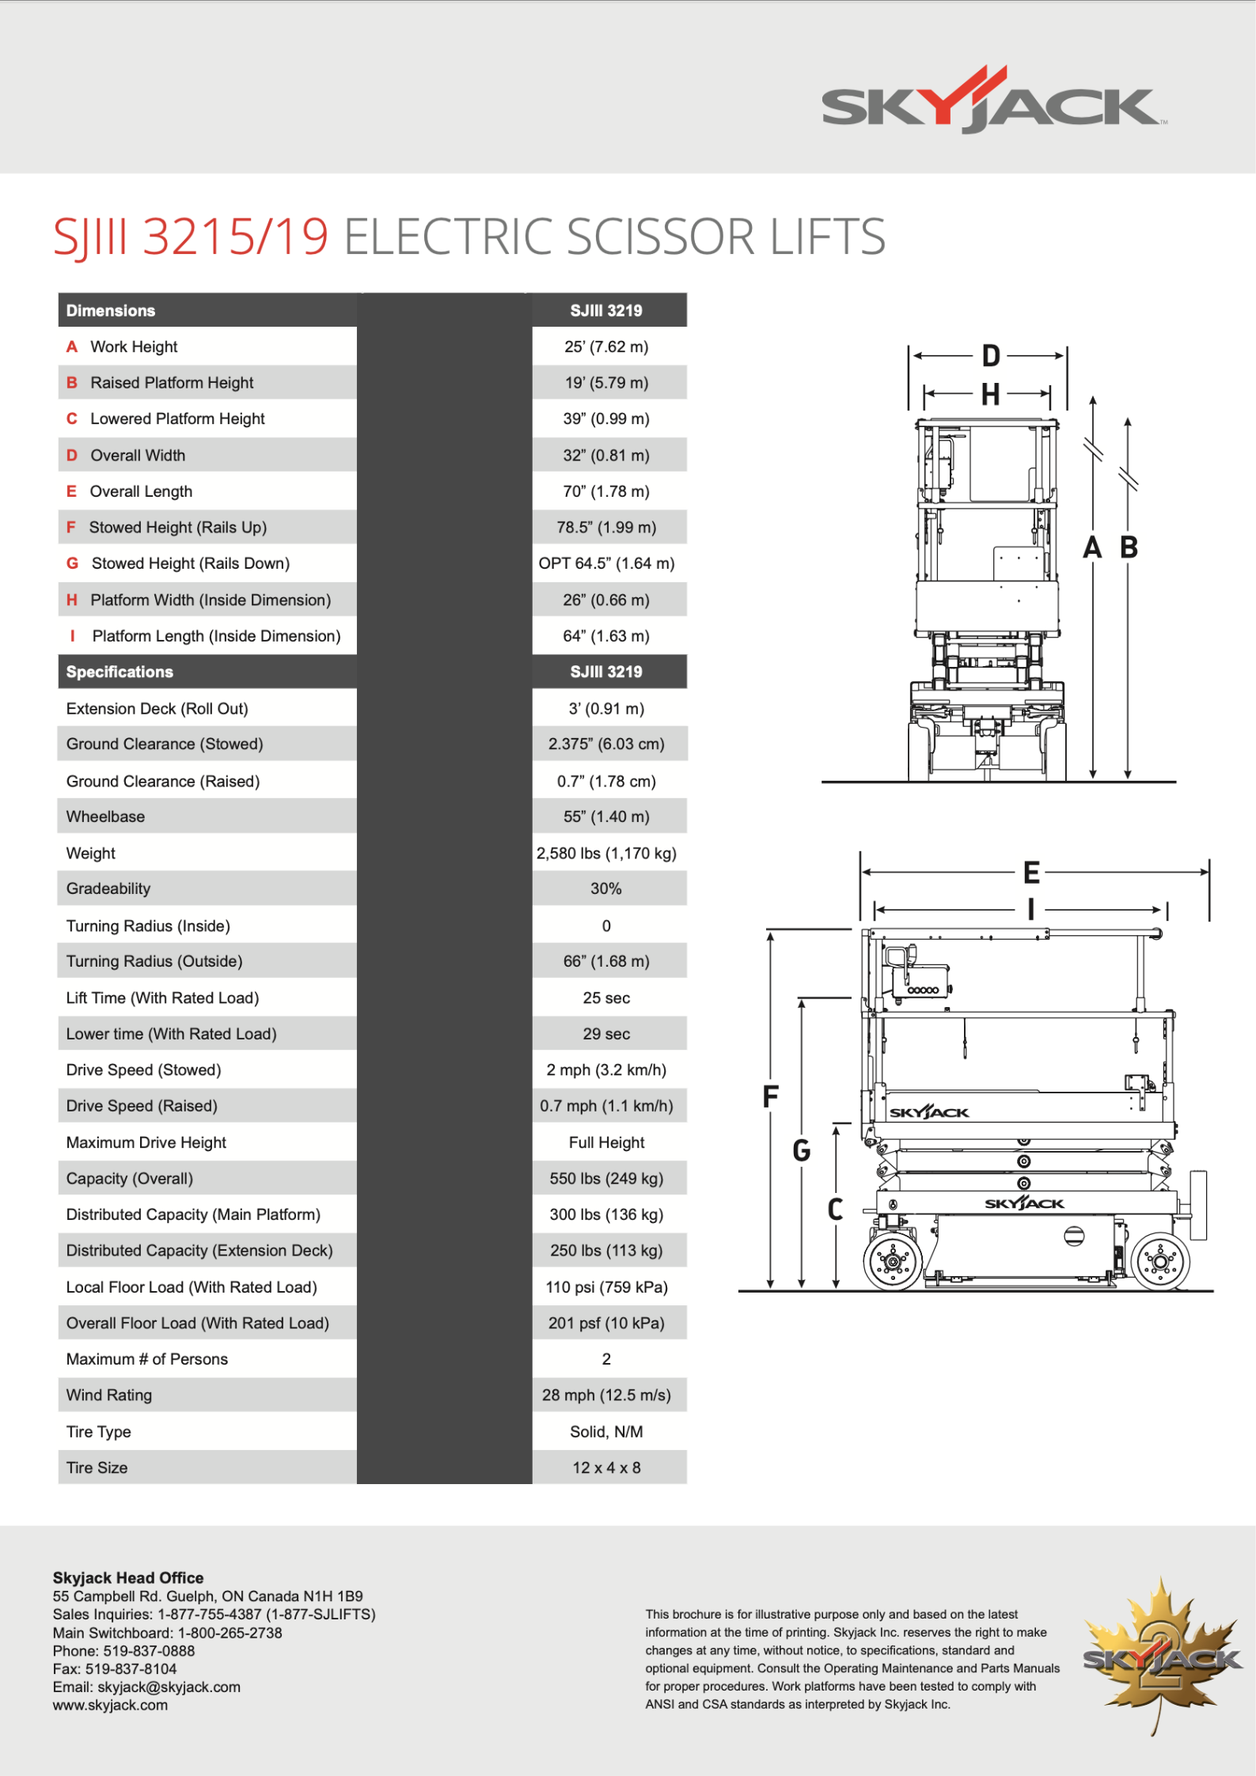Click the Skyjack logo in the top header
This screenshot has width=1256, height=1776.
click(x=992, y=101)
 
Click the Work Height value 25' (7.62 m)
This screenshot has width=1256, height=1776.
click(x=606, y=346)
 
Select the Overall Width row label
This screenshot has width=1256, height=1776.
click(x=138, y=455)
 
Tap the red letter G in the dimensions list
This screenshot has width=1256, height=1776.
click(x=72, y=563)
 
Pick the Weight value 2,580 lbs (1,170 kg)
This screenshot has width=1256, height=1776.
click(x=606, y=853)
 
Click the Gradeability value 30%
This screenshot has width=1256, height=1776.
click(x=606, y=888)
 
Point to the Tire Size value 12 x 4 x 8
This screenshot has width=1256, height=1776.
click(x=606, y=1467)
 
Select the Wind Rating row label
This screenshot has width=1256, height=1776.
click(x=109, y=1395)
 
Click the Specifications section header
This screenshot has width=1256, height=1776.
click(x=120, y=672)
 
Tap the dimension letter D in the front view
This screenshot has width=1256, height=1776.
click(x=991, y=356)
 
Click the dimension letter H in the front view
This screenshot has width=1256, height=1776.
click(x=990, y=394)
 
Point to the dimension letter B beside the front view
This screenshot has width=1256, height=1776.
click(x=1129, y=547)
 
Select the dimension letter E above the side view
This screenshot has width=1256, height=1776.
click(x=1031, y=873)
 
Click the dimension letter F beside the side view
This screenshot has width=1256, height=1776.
click(x=770, y=1096)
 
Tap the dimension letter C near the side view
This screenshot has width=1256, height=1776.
click(x=835, y=1209)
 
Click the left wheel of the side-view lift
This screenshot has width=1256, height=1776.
click(x=894, y=1261)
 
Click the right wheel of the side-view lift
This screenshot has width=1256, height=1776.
click(x=1160, y=1261)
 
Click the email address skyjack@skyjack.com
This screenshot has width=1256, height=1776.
click(x=169, y=1687)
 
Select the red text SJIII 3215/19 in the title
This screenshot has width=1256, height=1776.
click(x=191, y=237)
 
